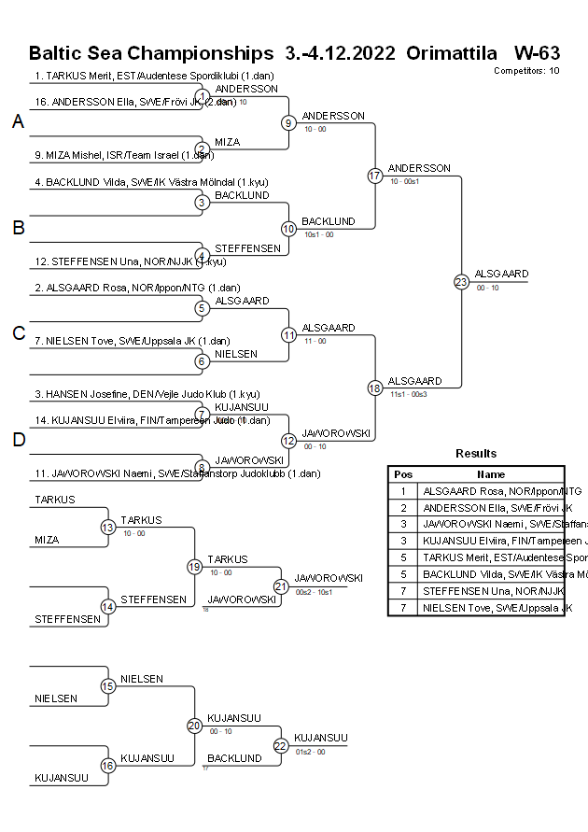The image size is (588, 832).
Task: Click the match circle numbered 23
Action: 461,281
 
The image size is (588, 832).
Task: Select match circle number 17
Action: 375,176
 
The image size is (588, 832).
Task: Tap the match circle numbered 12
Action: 289,440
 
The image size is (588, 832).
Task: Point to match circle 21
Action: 281,586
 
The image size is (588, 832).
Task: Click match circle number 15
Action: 108,686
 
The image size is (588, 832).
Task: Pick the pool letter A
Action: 18,122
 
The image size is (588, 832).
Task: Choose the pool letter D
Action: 18,440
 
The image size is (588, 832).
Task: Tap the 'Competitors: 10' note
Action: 526,70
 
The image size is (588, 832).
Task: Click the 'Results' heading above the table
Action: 476,454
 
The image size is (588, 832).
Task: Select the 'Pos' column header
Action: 403,474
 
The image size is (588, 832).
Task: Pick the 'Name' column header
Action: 492,474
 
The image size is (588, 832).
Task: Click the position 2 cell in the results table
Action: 403,508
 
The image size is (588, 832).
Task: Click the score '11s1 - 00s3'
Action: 408,395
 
